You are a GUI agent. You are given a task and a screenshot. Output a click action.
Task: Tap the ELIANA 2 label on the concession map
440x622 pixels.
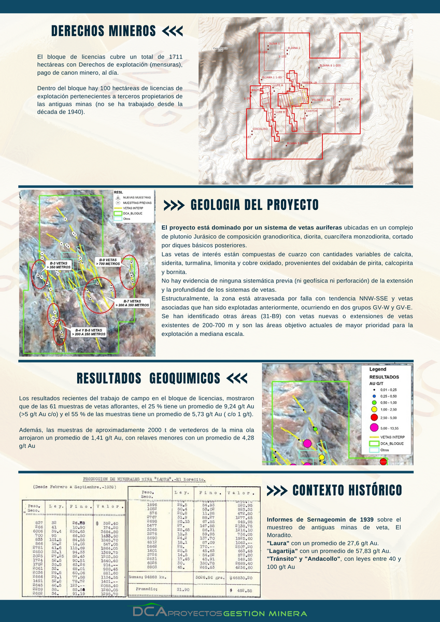(x=294, y=48)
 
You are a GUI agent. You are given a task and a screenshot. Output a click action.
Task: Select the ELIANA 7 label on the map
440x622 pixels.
(x=346, y=99)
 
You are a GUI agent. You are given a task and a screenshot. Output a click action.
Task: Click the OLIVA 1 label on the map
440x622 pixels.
(x=274, y=44)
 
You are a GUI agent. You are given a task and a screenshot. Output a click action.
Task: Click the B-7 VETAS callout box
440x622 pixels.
(x=132, y=303)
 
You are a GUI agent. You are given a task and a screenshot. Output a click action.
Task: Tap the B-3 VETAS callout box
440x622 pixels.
(x=55, y=266)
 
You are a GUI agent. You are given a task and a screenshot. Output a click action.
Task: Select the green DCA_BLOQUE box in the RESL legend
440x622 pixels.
(x=118, y=213)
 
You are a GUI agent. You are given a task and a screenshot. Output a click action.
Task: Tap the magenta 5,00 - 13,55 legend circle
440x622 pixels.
(x=372, y=427)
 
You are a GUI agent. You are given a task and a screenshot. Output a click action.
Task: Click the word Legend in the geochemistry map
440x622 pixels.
(x=378, y=370)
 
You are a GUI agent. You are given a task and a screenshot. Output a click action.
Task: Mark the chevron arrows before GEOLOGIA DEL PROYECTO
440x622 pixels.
(x=174, y=205)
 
